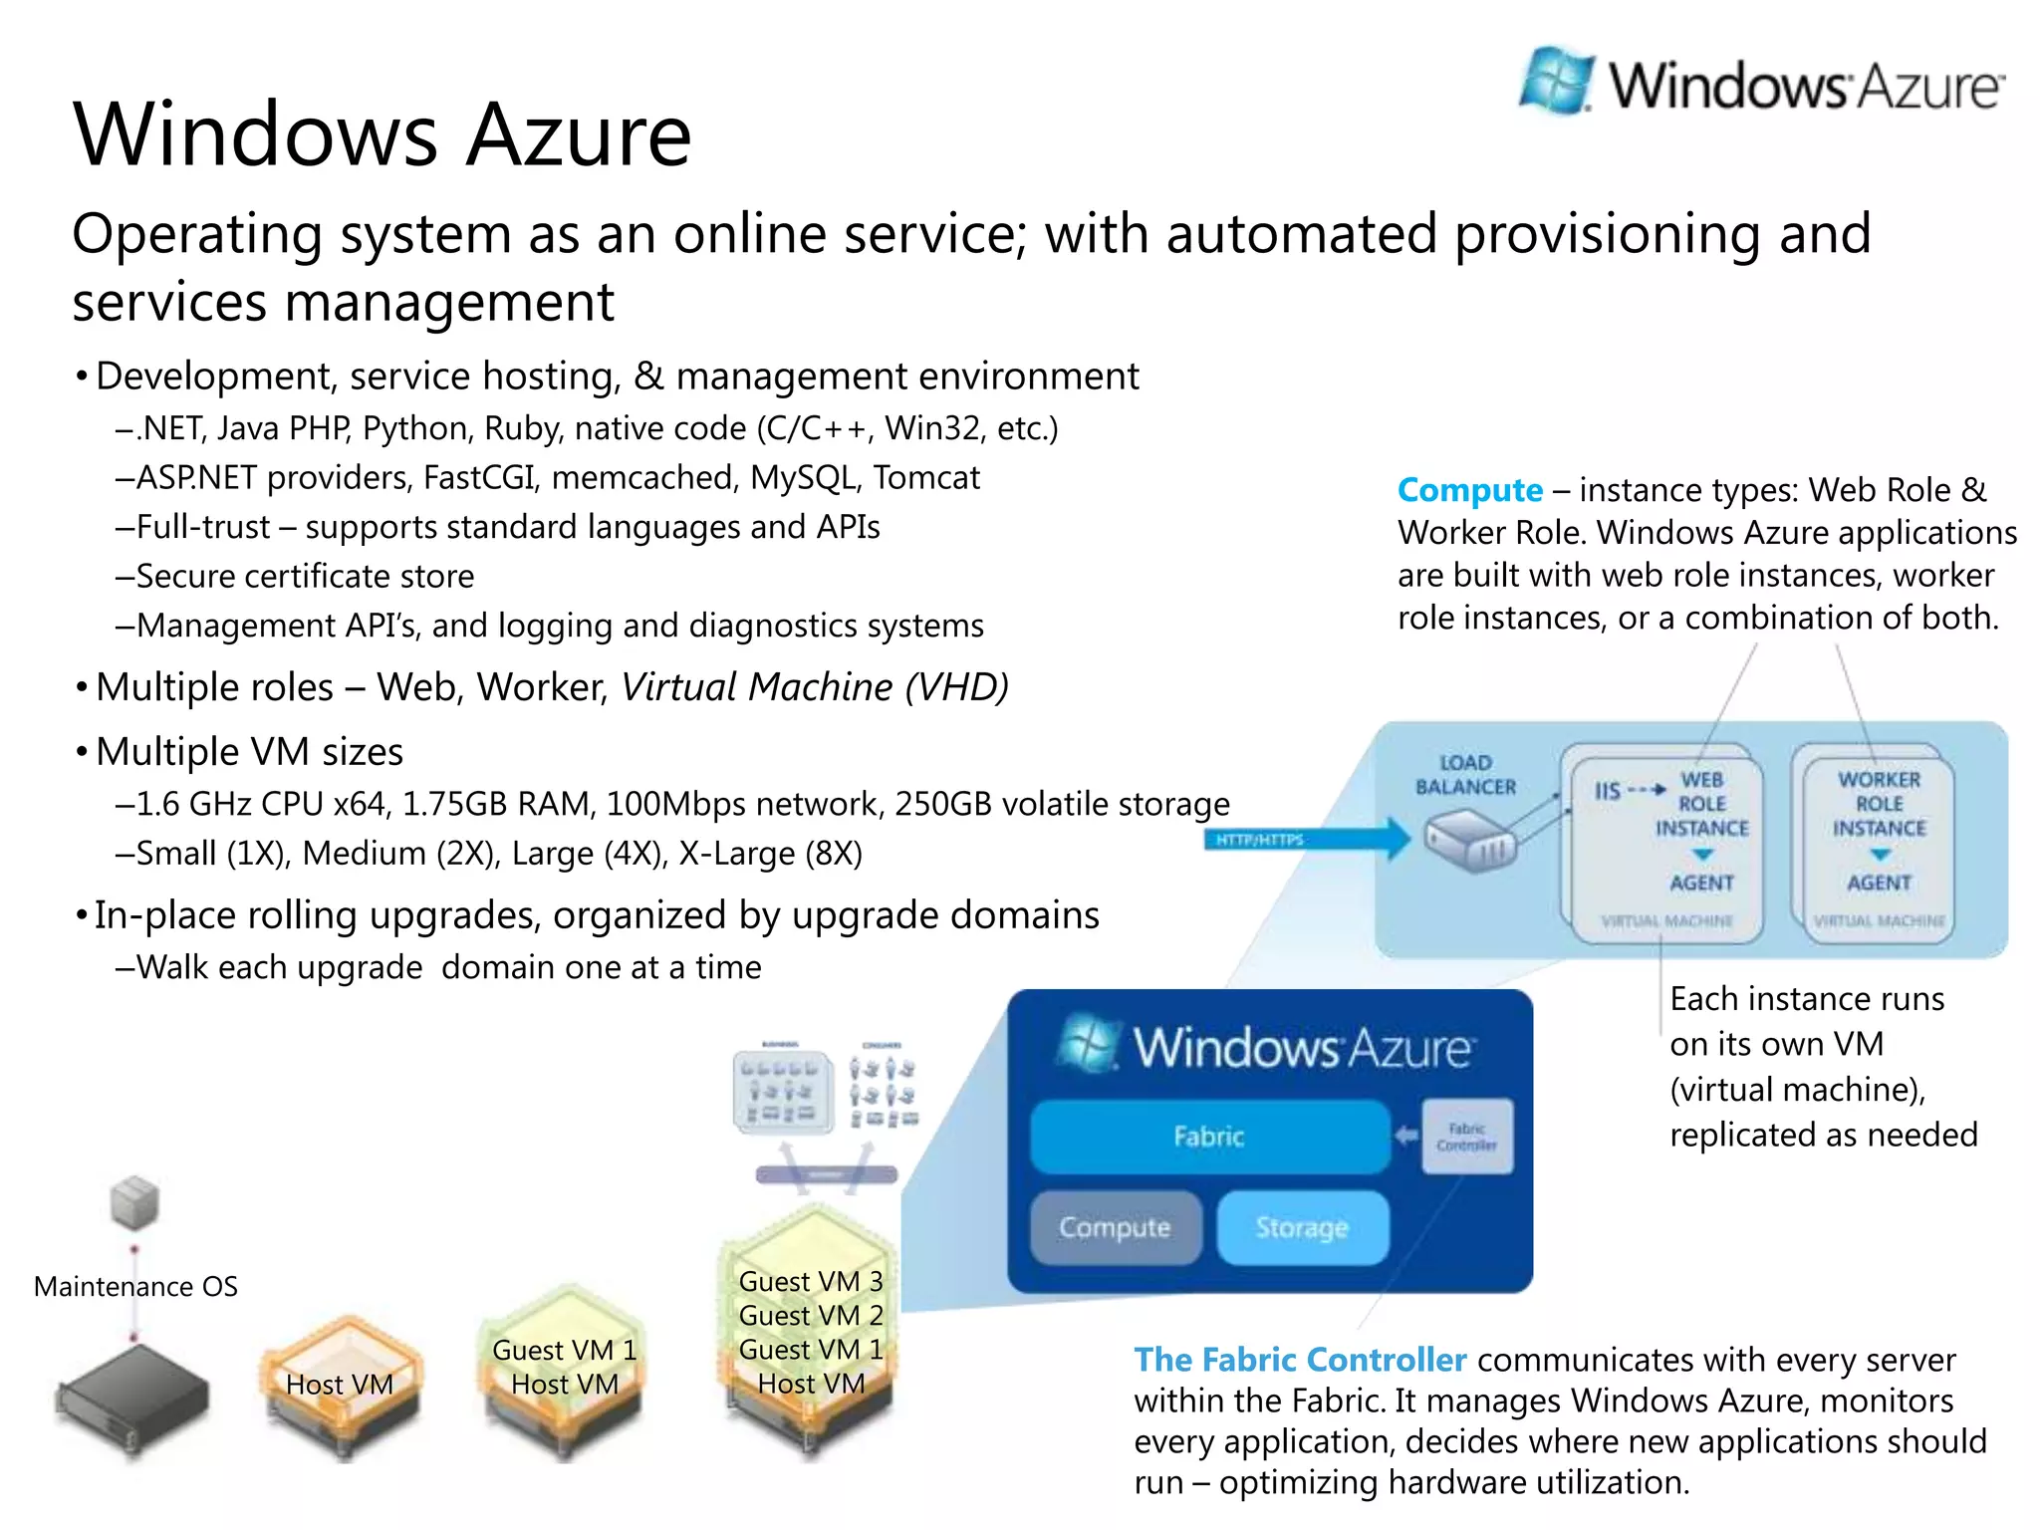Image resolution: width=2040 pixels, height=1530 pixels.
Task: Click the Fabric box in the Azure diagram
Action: pyautogui.click(x=1209, y=1137)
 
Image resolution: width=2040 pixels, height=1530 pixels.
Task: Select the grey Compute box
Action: pyautogui.click(x=1115, y=1227)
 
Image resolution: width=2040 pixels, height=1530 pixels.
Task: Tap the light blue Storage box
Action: pyautogui.click(x=1302, y=1227)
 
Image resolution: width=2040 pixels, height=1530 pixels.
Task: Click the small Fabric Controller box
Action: pyautogui.click(x=1466, y=1137)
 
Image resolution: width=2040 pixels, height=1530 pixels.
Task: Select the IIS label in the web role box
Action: pyautogui.click(x=1607, y=791)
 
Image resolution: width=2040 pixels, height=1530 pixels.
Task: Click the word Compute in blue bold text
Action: pyautogui.click(x=1469, y=490)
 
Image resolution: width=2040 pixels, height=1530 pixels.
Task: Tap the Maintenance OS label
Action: pyautogui.click(x=135, y=1287)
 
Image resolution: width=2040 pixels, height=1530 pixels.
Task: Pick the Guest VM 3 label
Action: pyautogui.click(x=811, y=1281)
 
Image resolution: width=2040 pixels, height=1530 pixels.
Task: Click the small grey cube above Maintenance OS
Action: pyautogui.click(x=134, y=1202)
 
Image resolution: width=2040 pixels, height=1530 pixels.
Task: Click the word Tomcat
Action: pyautogui.click(x=926, y=478)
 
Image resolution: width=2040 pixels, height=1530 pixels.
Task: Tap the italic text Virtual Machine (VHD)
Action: pyautogui.click(x=814, y=687)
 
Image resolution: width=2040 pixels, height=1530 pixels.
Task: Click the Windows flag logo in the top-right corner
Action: pyautogui.click(x=1556, y=80)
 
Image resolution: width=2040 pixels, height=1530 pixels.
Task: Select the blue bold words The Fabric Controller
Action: pyautogui.click(x=1300, y=1360)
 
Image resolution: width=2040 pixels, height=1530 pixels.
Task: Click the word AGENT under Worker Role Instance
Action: pyautogui.click(x=1879, y=883)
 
